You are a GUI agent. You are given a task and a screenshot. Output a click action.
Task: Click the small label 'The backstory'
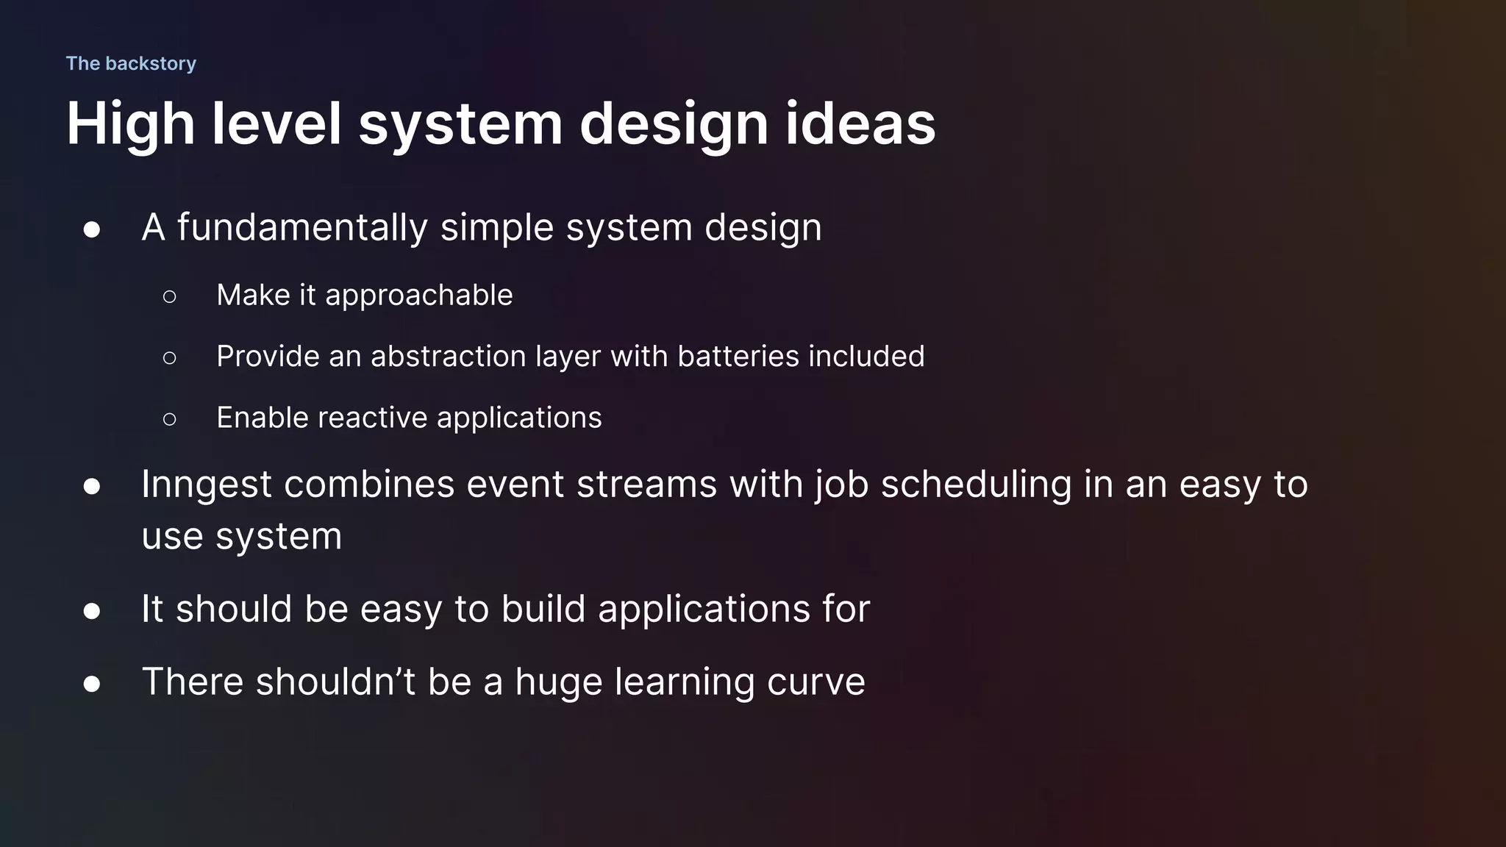click(x=131, y=63)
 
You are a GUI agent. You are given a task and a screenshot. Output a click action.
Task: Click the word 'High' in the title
click(x=130, y=124)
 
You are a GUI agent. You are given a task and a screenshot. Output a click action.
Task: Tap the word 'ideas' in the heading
click(x=860, y=123)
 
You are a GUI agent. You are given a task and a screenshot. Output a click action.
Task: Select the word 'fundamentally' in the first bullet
click(x=302, y=227)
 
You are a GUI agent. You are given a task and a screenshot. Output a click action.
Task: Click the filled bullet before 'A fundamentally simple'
click(x=92, y=229)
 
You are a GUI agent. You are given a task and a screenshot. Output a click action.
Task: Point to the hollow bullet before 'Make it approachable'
click(x=169, y=296)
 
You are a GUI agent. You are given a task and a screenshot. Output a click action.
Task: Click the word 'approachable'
click(x=418, y=296)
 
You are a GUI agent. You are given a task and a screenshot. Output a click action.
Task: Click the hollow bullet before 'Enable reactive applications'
click(x=169, y=419)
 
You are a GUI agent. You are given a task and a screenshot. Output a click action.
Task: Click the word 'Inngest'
click(x=207, y=485)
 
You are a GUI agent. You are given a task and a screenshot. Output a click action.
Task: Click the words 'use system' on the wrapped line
click(x=241, y=536)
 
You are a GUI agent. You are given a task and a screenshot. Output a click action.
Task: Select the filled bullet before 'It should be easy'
click(x=92, y=611)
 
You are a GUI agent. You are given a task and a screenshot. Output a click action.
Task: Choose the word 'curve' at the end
click(x=816, y=682)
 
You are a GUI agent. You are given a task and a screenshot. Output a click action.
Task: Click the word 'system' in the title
click(x=460, y=124)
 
